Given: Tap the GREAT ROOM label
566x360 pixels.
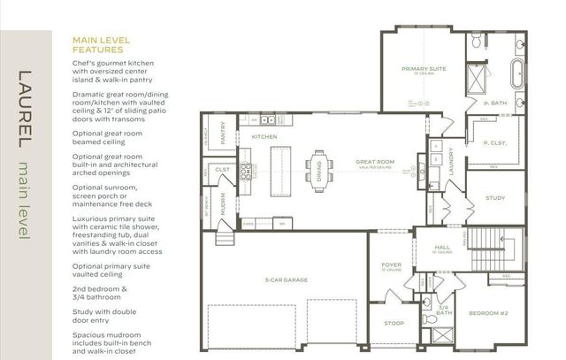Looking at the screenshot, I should (374, 162).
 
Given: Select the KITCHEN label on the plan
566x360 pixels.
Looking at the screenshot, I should (264, 138).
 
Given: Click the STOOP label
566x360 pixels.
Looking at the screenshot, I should (394, 324).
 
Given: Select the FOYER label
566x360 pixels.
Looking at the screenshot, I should (391, 264).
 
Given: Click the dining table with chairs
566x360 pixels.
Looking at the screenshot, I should (318, 165).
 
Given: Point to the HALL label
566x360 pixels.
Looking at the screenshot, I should (443, 248).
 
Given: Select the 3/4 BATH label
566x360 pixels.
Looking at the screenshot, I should (444, 310).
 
